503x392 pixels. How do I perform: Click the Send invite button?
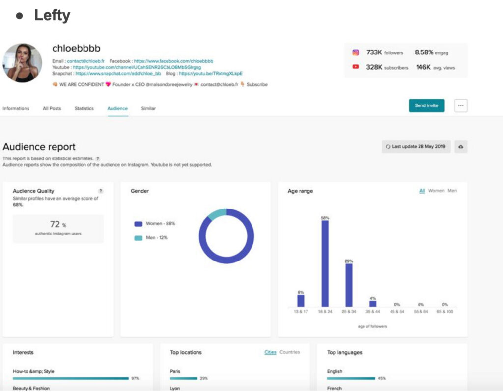426,105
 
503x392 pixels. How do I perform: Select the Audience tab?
117,108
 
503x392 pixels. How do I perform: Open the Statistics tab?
84,108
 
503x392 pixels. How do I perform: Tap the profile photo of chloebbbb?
22,62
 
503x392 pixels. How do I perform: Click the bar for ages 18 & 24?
325,264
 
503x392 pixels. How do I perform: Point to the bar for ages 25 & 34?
349,285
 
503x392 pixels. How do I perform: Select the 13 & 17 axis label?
301,312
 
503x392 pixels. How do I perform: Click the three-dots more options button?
460,105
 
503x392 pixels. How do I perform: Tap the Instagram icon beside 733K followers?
356,52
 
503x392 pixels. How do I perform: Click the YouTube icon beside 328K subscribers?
356,67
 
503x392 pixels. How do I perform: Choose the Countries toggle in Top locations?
289,352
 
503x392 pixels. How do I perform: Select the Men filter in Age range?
452,191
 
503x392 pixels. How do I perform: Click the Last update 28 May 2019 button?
416,147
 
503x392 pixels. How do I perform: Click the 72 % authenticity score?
57,224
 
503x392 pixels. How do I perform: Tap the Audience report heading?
39,147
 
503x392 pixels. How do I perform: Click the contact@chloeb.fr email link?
84,61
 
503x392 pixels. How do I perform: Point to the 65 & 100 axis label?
445,312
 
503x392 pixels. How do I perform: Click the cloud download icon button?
461,147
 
